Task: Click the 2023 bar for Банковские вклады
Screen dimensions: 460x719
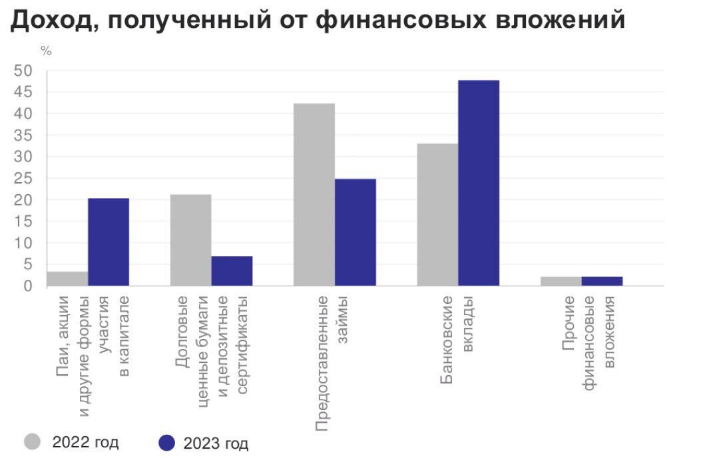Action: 478,183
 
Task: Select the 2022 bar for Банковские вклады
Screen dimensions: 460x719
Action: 437,215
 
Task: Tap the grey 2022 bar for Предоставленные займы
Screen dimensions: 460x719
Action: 314,195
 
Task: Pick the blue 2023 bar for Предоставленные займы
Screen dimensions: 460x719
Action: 355,232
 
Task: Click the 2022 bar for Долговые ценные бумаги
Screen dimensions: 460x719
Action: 190,240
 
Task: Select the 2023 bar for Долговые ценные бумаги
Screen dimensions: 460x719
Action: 232,271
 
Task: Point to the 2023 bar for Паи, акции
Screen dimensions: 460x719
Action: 109,242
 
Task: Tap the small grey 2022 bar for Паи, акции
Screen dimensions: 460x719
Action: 67,279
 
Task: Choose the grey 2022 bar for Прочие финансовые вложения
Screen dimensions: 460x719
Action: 561,281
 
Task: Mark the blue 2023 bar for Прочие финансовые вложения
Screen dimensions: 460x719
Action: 602,281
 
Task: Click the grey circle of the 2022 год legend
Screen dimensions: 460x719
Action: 33,441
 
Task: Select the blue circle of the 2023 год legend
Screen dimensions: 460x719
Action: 167,442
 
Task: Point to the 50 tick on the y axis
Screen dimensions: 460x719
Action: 23,71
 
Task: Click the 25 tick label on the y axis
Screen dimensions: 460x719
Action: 23,179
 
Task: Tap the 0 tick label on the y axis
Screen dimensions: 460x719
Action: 28,286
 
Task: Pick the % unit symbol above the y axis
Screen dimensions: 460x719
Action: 46,52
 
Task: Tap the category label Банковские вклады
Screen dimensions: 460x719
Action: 457,339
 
